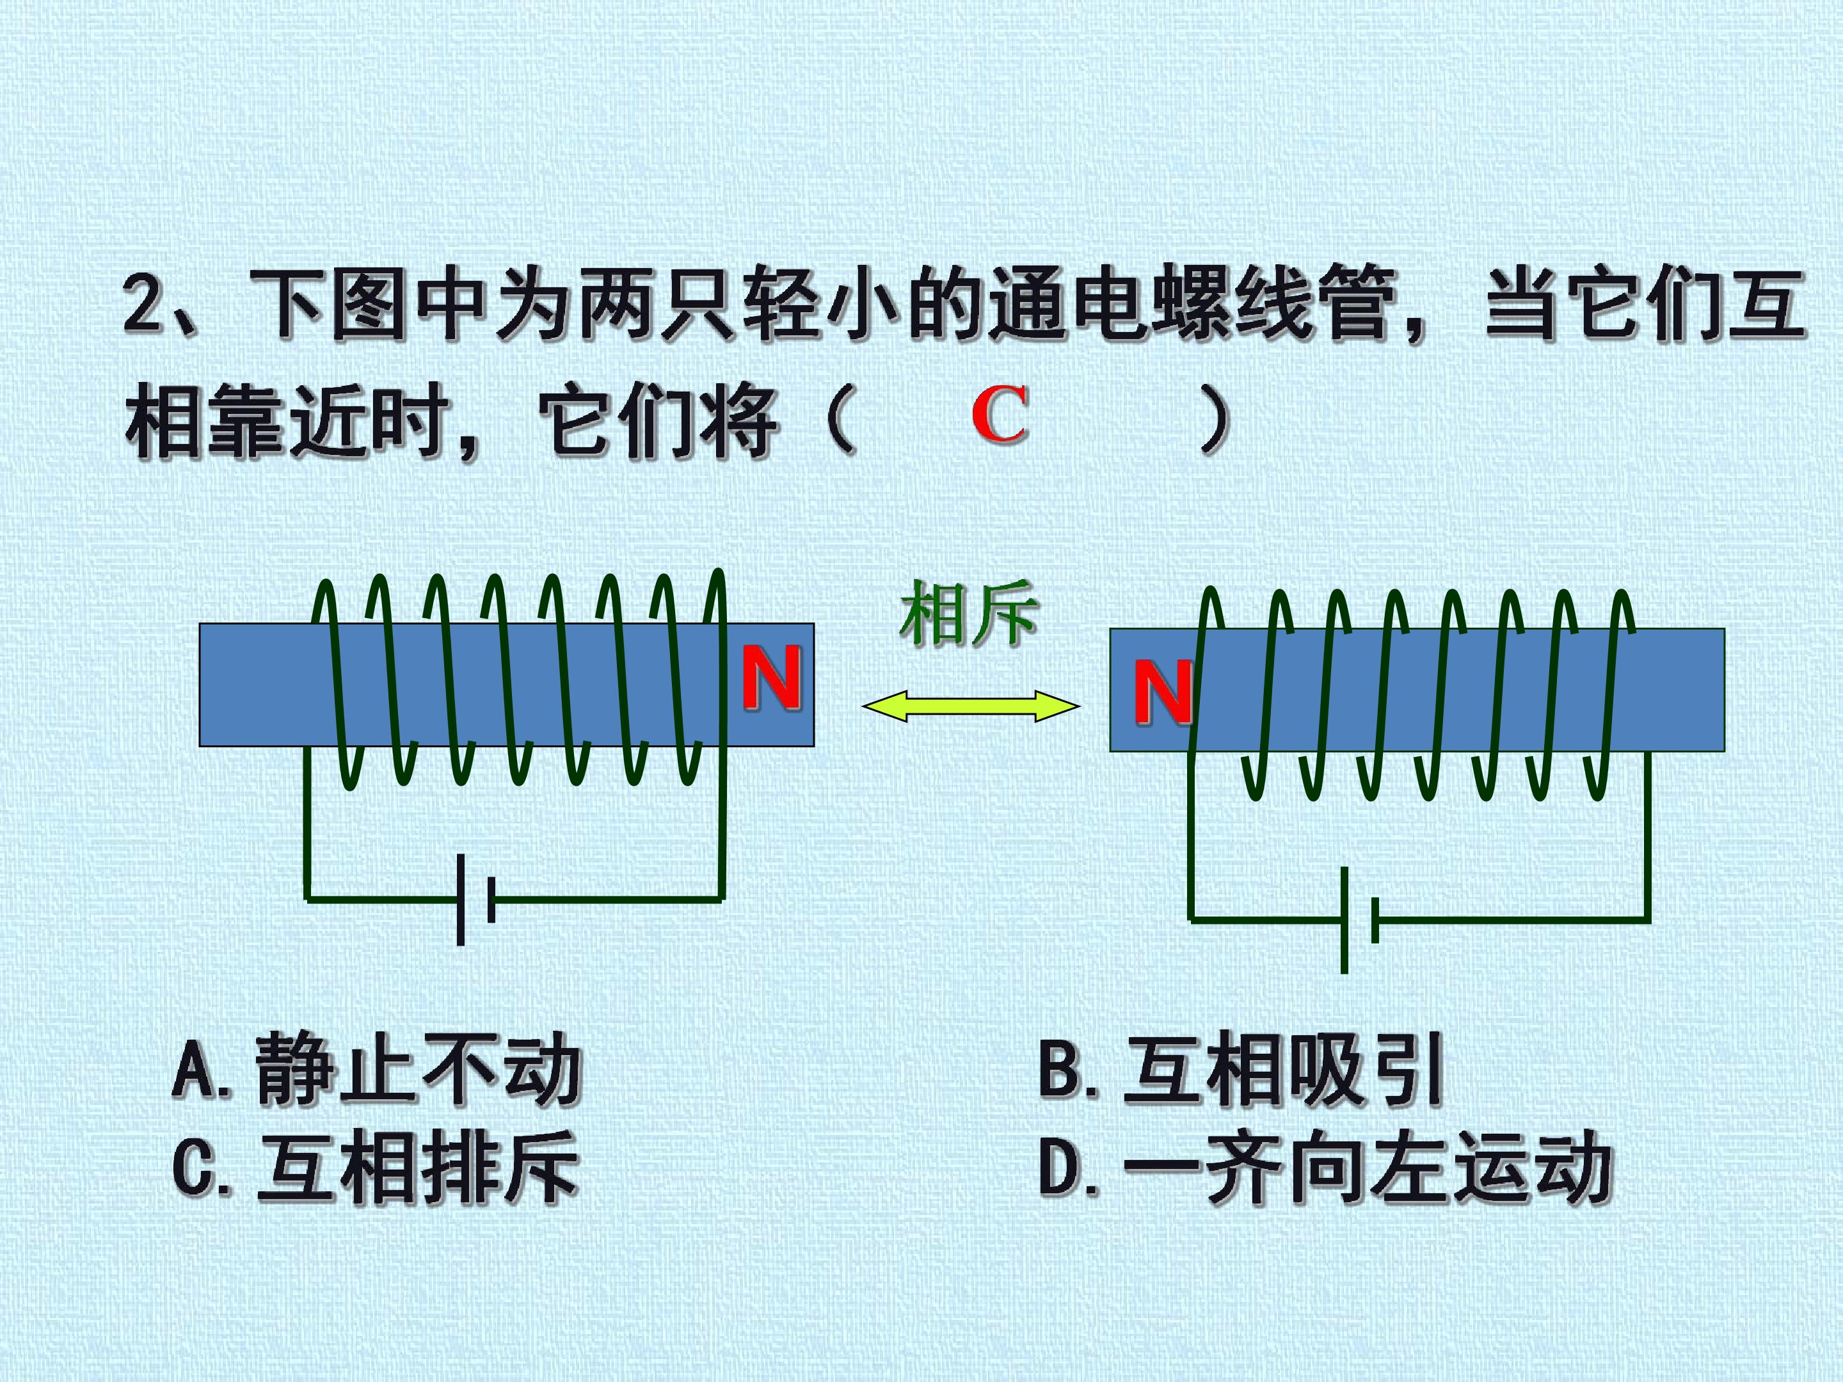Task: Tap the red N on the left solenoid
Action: coord(772,678)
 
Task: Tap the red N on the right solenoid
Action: coord(1162,692)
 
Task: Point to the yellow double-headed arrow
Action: coord(971,707)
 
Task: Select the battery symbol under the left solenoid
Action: coord(475,900)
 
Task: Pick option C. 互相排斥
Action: coord(376,1168)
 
